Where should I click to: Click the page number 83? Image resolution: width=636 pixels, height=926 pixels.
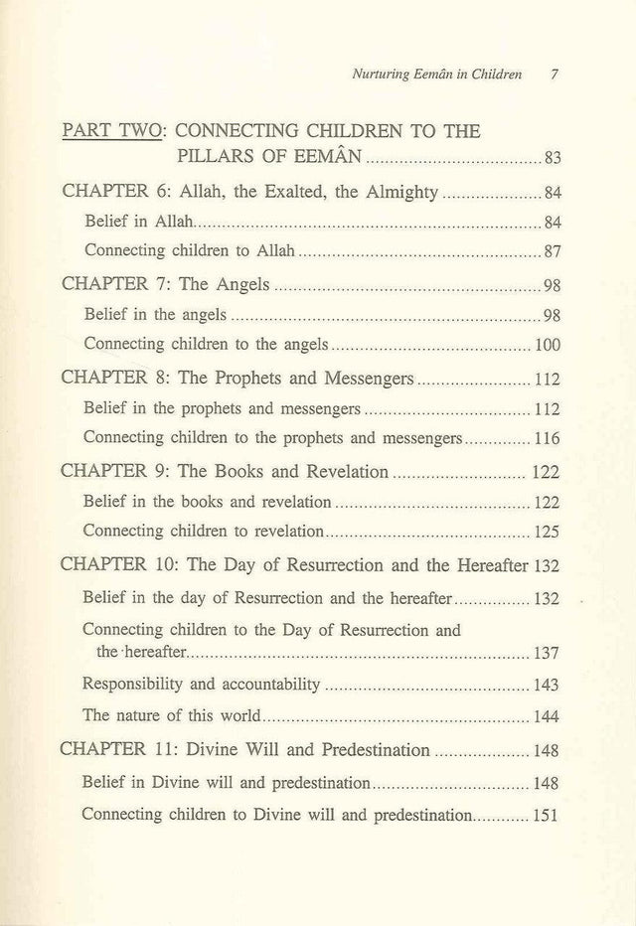click(x=555, y=158)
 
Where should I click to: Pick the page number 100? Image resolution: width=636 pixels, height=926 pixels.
click(x=548, y=346)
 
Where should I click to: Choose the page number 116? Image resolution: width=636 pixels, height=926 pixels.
click(x=548, y=438)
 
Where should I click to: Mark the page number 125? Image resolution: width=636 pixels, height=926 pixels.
click(x=548, y=531)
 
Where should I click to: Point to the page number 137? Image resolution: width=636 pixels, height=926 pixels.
click(x=548, y=653)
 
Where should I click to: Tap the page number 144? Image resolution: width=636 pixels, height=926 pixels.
click(x=548, y=715)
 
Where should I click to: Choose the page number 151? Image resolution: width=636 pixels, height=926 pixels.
click(x=548, y=815)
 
